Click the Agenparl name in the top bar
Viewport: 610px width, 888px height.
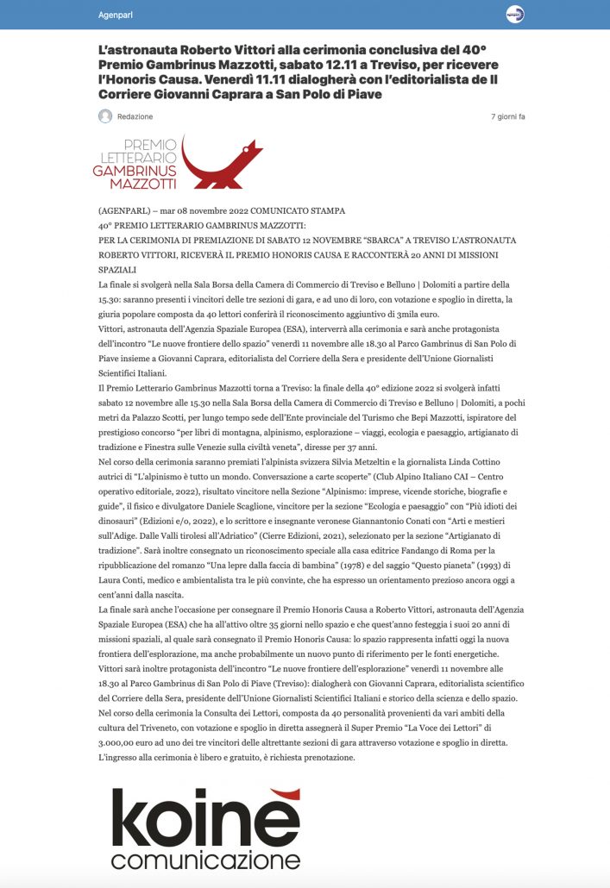click(116, 15)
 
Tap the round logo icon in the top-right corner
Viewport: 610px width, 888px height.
click(514, 15)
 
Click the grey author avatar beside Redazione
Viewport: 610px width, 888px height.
click(105, 116)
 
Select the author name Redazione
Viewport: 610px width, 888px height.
click(135, 116)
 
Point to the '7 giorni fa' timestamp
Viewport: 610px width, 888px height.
click(507, 116)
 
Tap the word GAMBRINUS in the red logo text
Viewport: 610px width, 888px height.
click(134, 171)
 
